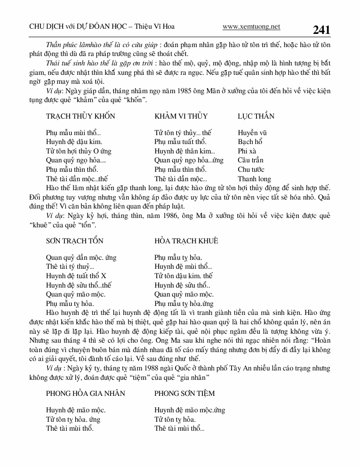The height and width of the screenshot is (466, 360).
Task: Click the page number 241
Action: pyautogui.click(x=321, y=30)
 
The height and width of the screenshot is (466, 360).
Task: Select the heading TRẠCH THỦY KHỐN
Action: pyautogui.click(x=80, y=116)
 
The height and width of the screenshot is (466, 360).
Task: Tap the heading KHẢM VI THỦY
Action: pyautogui.click(x=181, y=116)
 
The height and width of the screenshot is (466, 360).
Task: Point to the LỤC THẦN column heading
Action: pyautogui.click(x=256, y=116)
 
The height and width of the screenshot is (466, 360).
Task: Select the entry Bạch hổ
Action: pyautogui.click(x=250, y=142)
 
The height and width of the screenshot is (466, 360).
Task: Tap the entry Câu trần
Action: pyautogui.click(x=251, y=160)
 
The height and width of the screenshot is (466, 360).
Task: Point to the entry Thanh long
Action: pyautogui.click(x=254, y=179)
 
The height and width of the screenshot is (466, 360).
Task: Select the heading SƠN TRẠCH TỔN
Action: pyautogui.click(x=74, y=241)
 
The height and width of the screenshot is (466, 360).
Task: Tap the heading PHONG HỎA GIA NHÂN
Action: pyautogui.click(x=86, y=393)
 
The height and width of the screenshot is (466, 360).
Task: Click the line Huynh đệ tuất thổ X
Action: pyautogui.click(x=76, y=276)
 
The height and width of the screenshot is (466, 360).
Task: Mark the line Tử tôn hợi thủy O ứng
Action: pyautogui.click(x=79, y=151)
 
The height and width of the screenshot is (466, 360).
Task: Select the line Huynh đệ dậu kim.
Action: pyautogui.click(x=74, y=142)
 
